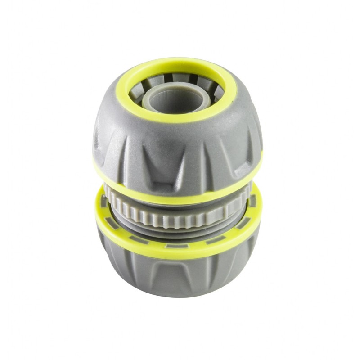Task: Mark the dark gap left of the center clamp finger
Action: tap(167, 77)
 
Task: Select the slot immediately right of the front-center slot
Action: tap(211, 240)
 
